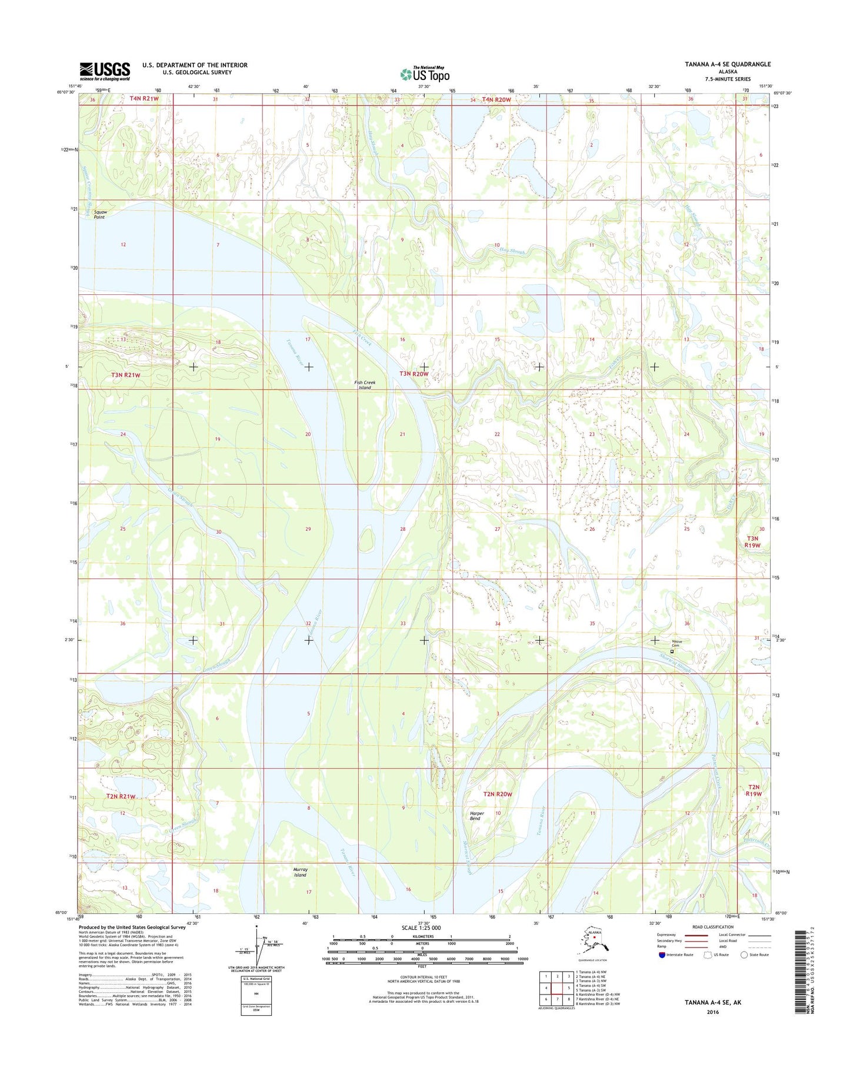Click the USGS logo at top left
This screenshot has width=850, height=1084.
coord(105,71)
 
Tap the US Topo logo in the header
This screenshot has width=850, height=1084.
coord(425,74)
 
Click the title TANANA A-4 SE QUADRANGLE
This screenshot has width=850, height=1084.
coord(727,64)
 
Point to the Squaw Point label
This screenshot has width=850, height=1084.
coord(99,214)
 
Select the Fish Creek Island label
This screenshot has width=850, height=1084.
coord(365,385)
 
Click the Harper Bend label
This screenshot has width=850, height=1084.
coord(475,816)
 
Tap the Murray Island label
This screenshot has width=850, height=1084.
coord(300,872)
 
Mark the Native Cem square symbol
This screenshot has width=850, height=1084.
coord(672,651)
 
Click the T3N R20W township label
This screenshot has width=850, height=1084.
coord(414,374)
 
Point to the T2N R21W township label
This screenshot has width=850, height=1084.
coord(121,796)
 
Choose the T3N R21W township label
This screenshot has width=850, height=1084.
coord(126,375)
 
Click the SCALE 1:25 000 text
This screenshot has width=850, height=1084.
coord(421,927)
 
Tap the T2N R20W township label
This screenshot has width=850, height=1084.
coord(497,794)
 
